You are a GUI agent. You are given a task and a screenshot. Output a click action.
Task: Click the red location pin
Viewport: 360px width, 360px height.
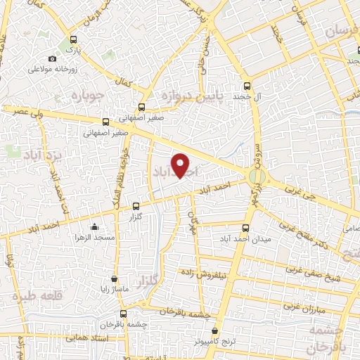pyautogui.click(x=181, y=165)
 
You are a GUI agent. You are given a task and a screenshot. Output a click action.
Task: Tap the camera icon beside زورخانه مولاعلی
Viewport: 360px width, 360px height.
pyautogui.click(x=52, y=59)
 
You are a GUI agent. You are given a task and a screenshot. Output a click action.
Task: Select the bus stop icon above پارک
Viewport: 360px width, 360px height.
pyautogui.click(x=74, y=40)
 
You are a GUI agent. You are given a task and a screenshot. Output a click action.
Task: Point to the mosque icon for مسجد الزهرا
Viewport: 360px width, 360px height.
pyautogui.click(x=94, y=226)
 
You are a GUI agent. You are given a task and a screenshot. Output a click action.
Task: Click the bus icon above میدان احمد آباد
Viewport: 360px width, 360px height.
pyautogui.click(x=245, y=228)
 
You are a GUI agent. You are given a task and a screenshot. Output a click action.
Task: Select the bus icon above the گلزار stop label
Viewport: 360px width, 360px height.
pyautogui.click(x=136, y=206)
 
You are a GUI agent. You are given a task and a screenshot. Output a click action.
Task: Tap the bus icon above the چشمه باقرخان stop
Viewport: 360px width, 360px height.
pyautogui.click(x=123, y=314)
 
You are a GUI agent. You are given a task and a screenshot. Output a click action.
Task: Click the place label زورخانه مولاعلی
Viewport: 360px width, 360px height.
pyautogui.click(x=51, y=70)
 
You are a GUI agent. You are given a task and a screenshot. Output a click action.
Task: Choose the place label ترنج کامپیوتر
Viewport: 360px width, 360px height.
pyautogui.click(x=215, y=340)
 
